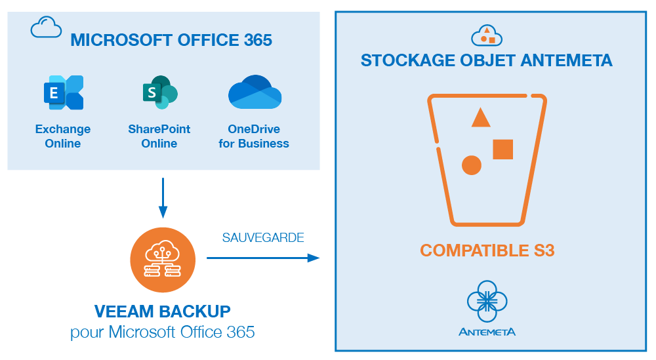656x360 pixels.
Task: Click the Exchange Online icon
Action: click(x=64, y=93)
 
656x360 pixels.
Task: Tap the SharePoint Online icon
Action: click(x=159, y=93)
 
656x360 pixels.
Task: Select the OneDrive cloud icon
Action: click(x=255, y=93)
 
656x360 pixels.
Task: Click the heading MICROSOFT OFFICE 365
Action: click(x=171, y=40)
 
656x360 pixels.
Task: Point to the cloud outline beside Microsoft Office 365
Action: click(x=46, y=28)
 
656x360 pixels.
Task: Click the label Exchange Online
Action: click(x=63, y=136)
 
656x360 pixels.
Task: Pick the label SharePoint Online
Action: click(x=159, y=136)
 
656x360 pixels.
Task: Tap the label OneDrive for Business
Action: click(x=254, y=136)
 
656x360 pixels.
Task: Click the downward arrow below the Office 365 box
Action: click(x=163, y=197)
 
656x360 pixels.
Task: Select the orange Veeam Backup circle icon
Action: click(x=163, y=260)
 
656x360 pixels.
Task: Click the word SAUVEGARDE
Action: click(x=263, y=237)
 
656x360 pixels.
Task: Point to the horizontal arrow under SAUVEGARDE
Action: click(x=262, y=258)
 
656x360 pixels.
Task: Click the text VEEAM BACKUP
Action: click(x=163, y=311)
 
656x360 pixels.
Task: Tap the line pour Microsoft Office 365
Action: click(x=163, y=332)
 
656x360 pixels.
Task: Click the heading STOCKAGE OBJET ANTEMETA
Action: click(x=487, y=61)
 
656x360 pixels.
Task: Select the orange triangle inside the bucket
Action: click(x=481, y=118)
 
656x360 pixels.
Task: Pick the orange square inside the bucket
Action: click(x=503, y=150)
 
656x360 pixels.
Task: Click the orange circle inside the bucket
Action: click(x=471, y=165)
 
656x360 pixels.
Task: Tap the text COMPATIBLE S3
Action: click(x=487, y=250)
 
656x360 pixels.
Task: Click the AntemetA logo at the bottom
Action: click(x=487, y=308)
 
